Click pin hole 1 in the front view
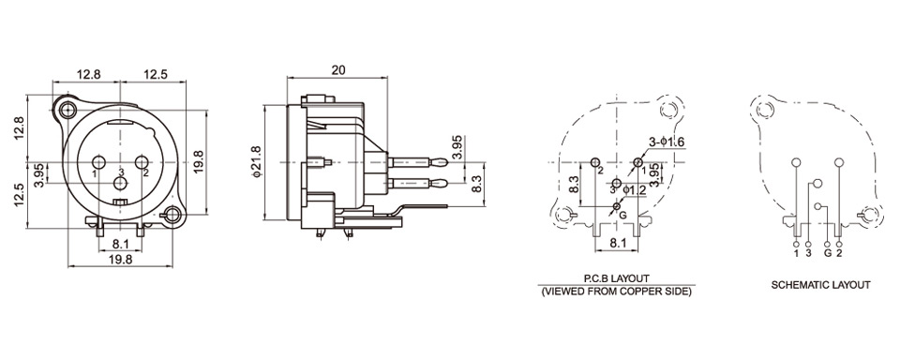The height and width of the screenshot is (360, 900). [98, 162]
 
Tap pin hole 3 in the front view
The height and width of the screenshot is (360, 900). [121, 183]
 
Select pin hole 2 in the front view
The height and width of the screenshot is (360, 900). [142, 162]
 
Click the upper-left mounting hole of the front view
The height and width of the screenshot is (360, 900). [68, 109]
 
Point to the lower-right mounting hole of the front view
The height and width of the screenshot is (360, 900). [172, 216]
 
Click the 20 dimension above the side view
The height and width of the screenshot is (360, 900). [338, 70]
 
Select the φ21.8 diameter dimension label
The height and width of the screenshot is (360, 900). [257, 162]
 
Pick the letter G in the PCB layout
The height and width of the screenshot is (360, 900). [622, 216]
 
